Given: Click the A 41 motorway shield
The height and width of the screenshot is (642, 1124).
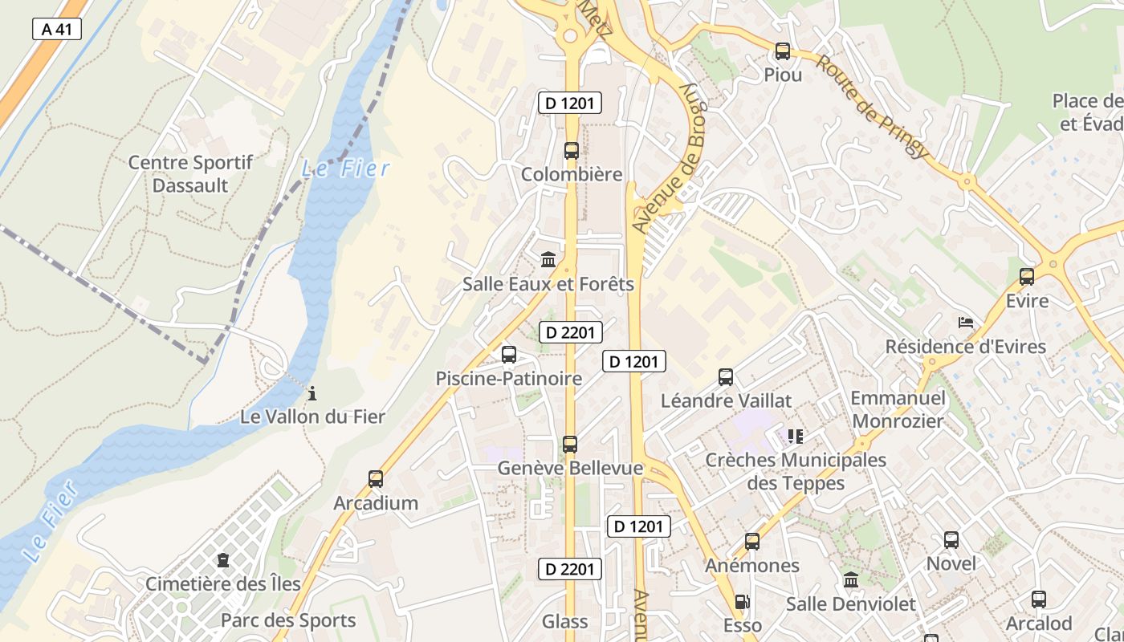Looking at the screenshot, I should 57,30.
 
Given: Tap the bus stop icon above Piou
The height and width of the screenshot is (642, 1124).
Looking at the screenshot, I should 782,51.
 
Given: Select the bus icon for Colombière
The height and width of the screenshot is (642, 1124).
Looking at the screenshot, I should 571,151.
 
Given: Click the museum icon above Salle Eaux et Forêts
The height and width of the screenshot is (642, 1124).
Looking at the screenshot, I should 548,259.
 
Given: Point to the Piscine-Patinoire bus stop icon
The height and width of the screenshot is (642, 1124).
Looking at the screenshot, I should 508,355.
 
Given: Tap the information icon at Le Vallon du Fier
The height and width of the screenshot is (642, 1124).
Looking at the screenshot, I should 312,393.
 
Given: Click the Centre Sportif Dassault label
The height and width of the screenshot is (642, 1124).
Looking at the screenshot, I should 190,174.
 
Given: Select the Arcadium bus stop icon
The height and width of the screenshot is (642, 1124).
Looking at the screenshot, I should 375,479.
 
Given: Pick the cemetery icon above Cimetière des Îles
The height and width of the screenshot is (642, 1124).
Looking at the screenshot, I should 222,560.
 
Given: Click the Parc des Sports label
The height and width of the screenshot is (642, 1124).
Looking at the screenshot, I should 288,620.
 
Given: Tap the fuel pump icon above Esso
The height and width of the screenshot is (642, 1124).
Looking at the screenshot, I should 742,602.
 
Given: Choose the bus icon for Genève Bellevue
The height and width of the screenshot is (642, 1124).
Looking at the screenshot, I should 570,444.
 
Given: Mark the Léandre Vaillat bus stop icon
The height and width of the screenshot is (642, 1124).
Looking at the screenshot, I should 726,376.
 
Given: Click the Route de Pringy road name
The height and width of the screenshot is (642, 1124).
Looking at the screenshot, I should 873,106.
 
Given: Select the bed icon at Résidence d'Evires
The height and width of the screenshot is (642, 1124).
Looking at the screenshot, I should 966,323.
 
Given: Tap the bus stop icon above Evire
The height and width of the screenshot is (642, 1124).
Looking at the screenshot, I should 1026,277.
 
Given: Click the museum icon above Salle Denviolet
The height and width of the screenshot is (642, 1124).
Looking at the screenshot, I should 851,579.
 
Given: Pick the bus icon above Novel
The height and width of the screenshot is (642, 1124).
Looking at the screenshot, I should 951,540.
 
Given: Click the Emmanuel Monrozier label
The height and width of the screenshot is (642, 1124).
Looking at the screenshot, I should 898,409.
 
